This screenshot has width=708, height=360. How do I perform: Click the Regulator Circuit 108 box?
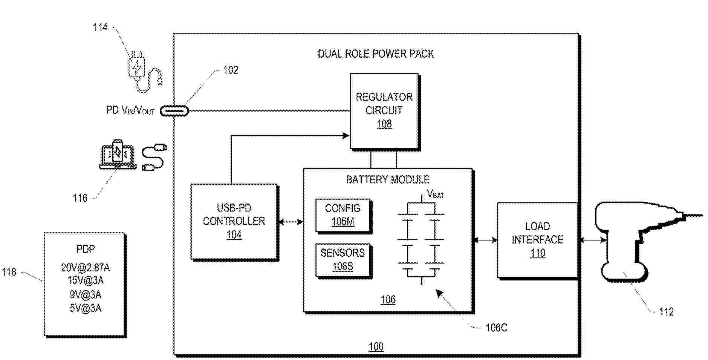[x=384, y=111]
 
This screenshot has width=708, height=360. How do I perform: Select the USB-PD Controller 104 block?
[x=234, y=222]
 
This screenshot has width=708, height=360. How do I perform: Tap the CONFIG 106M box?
[x=343, y=215]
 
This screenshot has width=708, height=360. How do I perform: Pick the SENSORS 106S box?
[x=343, y=260]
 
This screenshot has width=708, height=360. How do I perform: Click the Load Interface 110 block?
[x=537, y=240]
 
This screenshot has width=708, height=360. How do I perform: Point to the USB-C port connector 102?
[x=174, y=111]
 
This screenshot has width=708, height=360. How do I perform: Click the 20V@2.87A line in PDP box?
[x=85, y=268]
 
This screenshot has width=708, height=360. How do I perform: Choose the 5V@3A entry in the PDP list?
[x=85, y=308]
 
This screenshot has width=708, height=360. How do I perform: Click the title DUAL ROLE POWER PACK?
[x=376, y=54]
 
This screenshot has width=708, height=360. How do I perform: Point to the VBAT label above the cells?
[x=435, y=195]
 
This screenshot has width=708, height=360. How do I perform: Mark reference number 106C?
[x=496, y=328]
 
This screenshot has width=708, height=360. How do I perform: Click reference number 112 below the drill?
[x=666, y=312]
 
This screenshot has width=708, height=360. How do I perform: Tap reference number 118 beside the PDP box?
[x=9, y=272]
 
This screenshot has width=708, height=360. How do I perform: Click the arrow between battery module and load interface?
[x=485, y=240]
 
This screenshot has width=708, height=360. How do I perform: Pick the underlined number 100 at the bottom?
[x=376, y=346]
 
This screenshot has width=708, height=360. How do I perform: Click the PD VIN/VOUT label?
[x=130, y=110]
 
